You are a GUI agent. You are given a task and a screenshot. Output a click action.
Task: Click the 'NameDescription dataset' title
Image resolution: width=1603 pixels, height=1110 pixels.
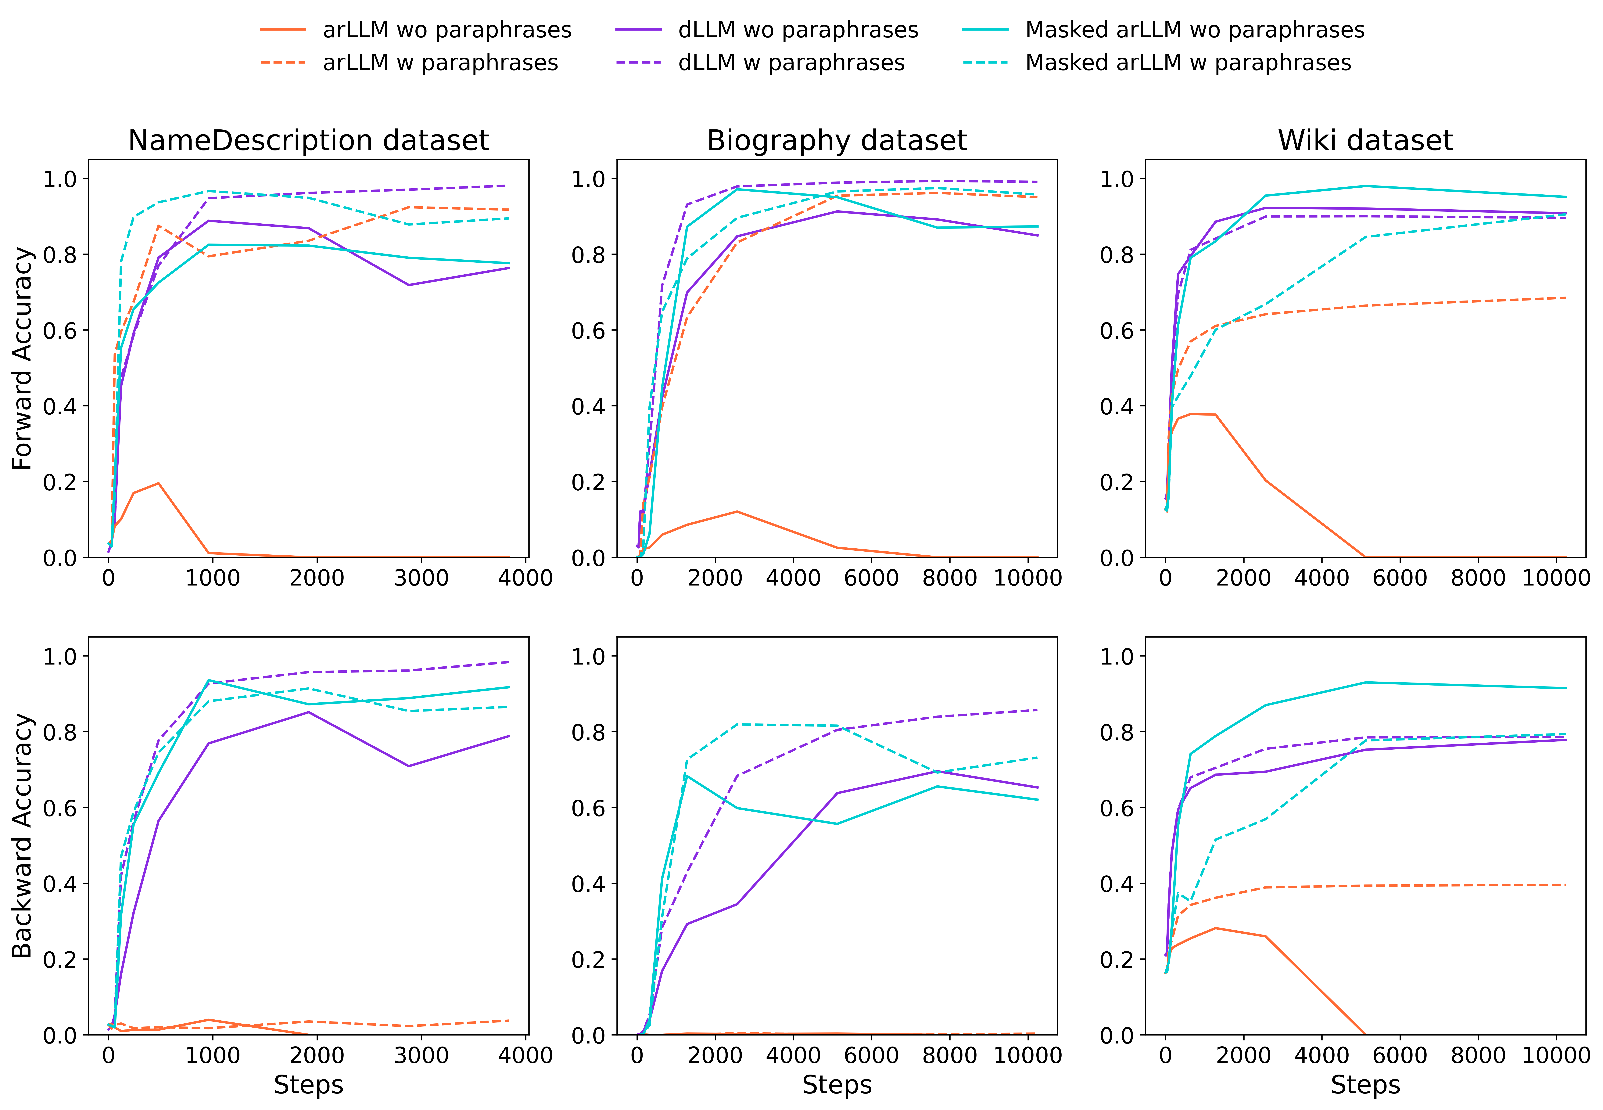pos(309,140)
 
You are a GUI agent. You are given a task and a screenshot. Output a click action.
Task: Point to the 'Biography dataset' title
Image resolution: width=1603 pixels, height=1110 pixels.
pos(837,140)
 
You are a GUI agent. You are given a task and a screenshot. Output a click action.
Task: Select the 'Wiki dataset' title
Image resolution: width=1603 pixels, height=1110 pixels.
pos(1365,140)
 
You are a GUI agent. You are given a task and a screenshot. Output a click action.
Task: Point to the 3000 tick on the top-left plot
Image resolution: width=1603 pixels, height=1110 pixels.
pos(421,578)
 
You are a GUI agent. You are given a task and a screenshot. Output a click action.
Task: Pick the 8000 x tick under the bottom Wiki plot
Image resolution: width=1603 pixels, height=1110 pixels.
pos(1479,1056)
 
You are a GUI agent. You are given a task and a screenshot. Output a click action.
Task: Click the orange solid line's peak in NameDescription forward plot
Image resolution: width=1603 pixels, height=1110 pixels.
pos(159,483)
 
